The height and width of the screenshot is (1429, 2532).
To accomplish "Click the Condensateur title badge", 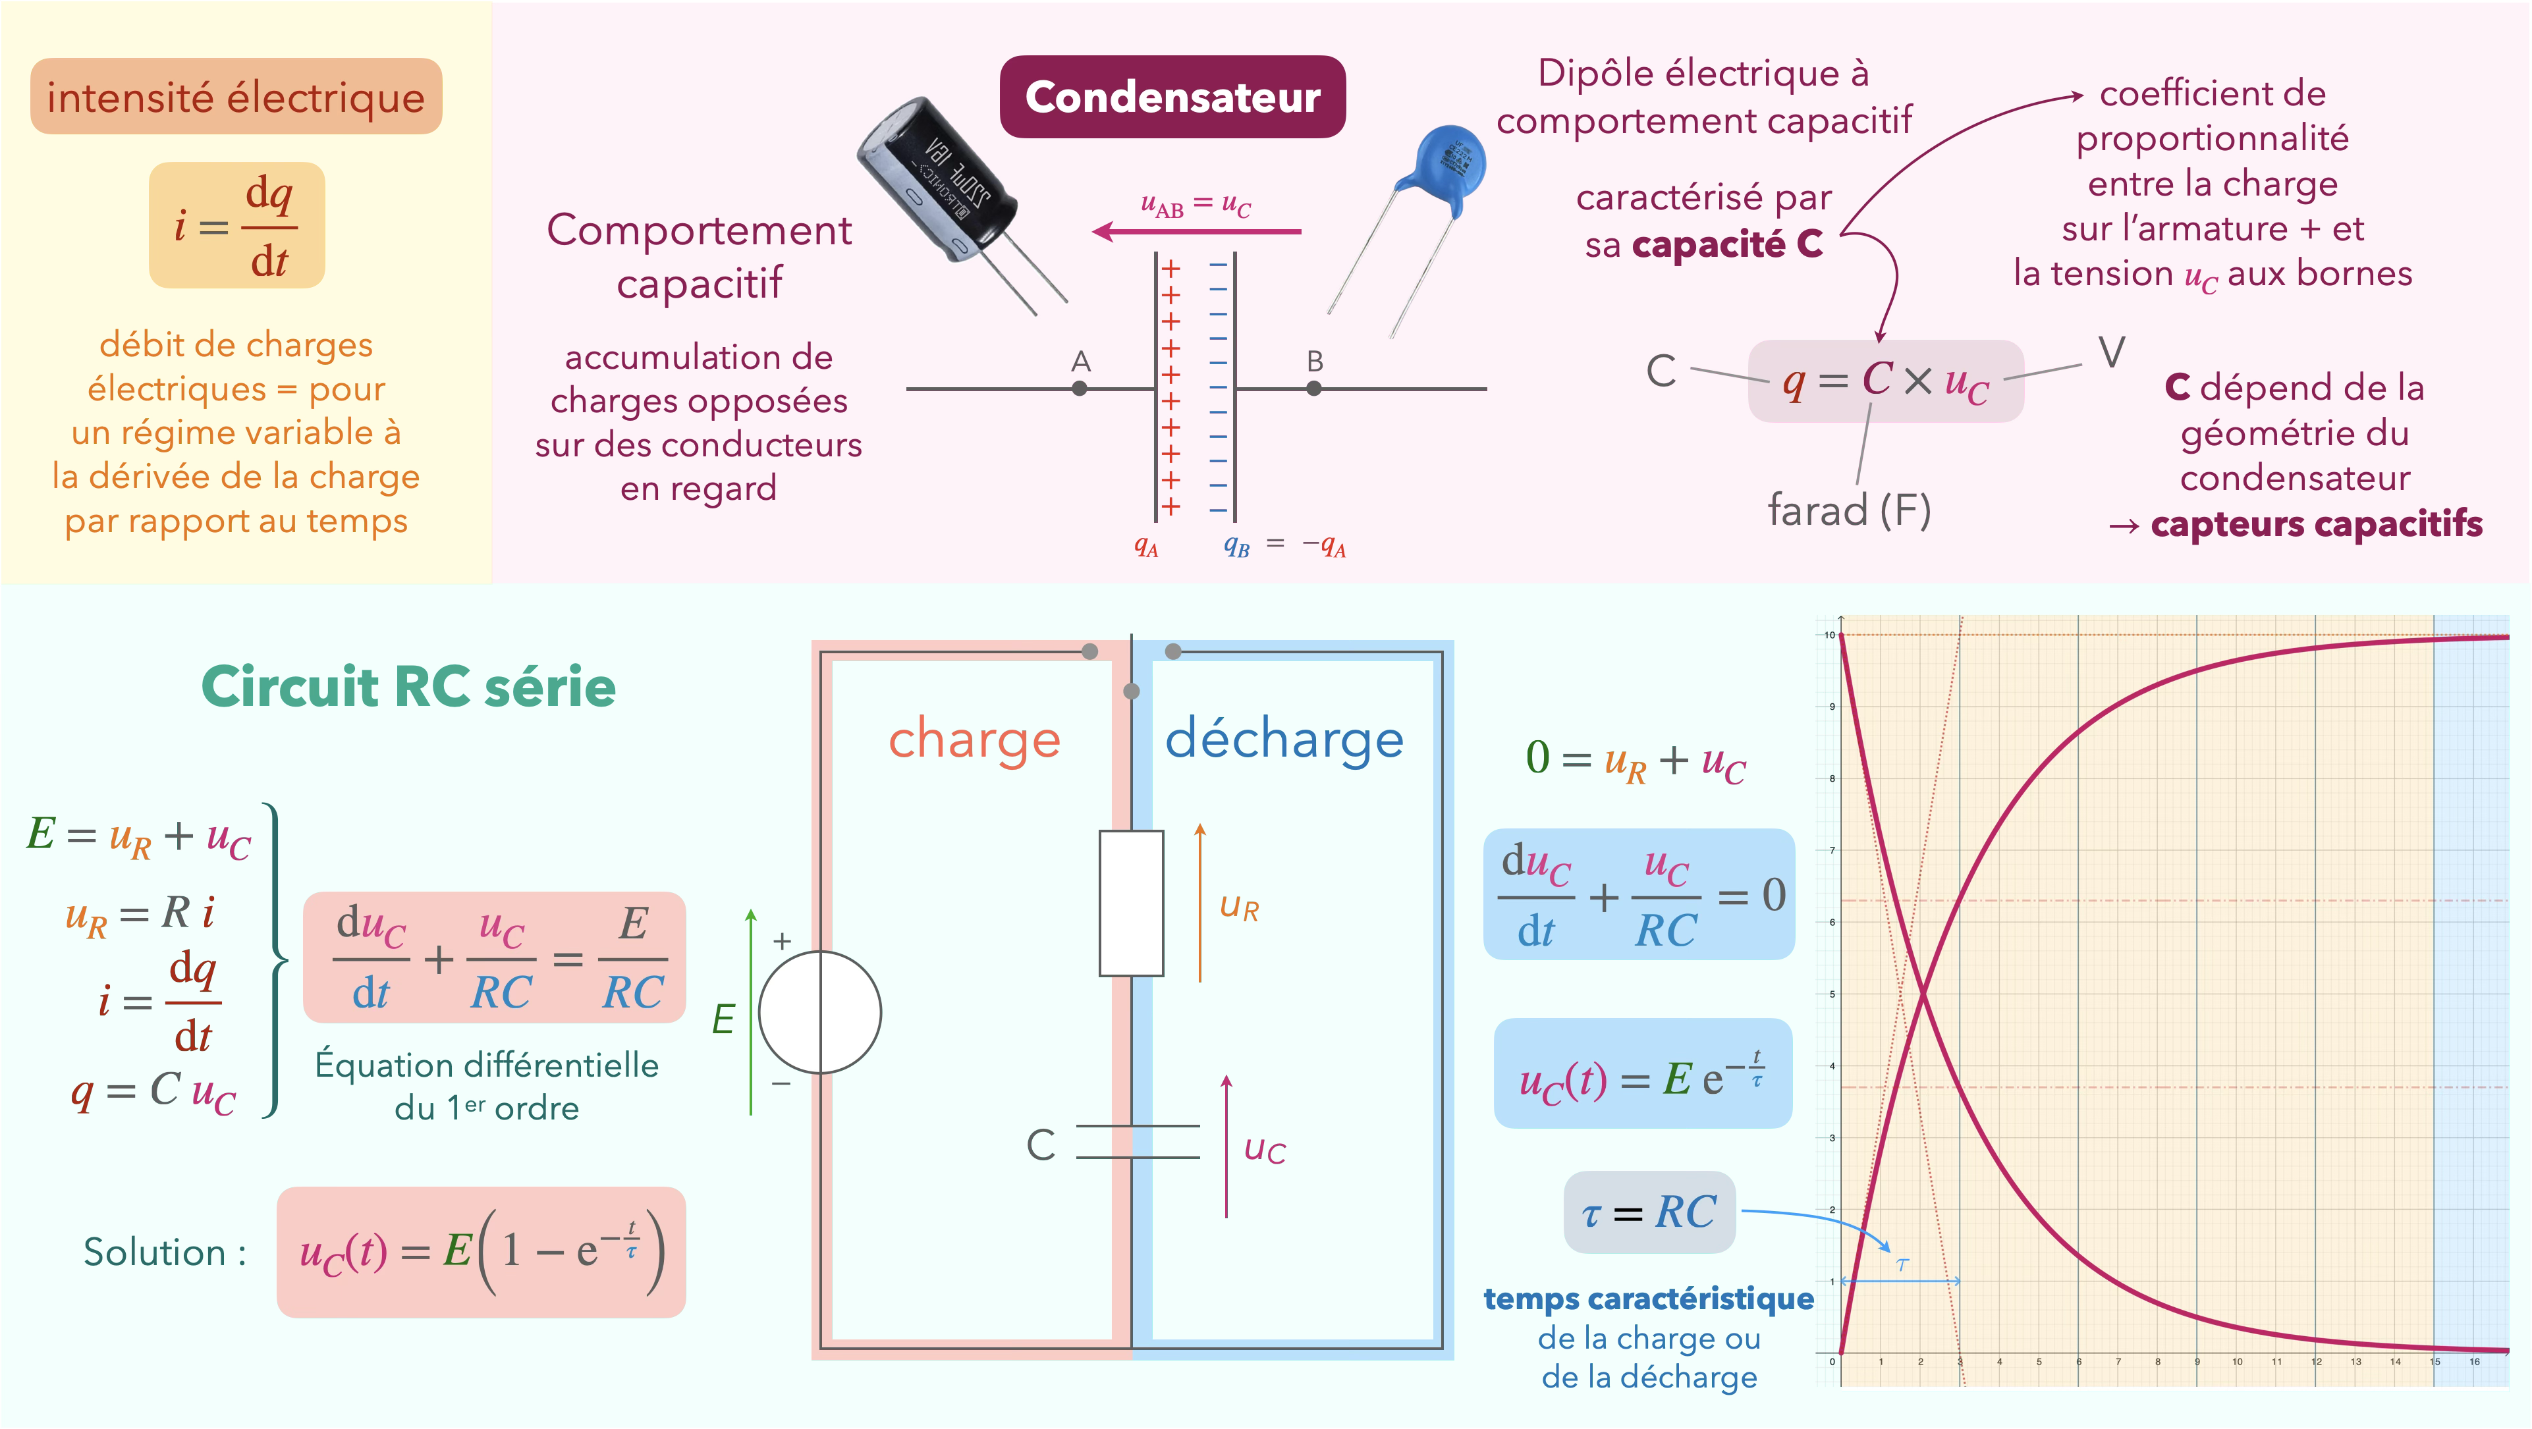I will pyautogui.click(x=1172, y=96).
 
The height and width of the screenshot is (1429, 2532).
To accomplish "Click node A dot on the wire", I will pyautogui.click(x=1079, y=389).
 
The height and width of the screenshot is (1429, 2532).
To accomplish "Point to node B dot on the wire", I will pyautogui.click(x=1314, y=389).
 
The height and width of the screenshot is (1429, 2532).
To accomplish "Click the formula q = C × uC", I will pyautogui.click(x=1885, y=381).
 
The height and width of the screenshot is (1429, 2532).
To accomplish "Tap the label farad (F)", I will pyautogui.click(x=1849, y=510).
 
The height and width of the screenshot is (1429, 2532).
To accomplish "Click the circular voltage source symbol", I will pyautogui.click(x=820, y=1011).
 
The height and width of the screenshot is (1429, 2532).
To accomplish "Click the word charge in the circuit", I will pyautogui.click(x=974, y=739).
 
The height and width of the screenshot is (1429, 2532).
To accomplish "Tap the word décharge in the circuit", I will pyautogui.click(x=1284, y=739).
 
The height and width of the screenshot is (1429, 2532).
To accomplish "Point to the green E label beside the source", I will pyautogui.click(x=723, y=1019).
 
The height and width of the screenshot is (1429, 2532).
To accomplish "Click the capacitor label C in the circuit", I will pyautogui.click(x=1041, y=1145).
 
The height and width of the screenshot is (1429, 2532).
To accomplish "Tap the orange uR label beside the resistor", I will pyautogui.click(x=1238, y=907).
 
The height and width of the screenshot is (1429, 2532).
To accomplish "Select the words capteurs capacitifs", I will pyautogui.click(x=2316, y=524).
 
